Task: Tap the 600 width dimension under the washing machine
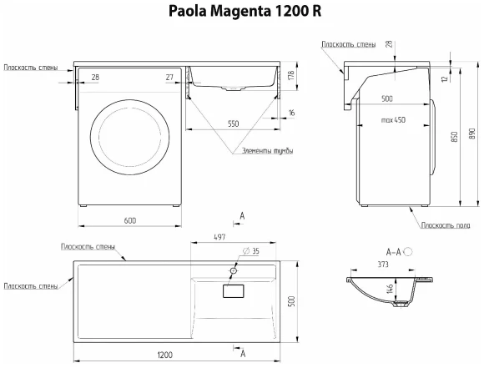129,219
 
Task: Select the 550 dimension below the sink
232,124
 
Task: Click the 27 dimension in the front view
169,77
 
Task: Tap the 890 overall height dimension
474,133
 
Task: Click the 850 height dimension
453,139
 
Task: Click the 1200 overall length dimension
164,355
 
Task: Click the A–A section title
393,250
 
